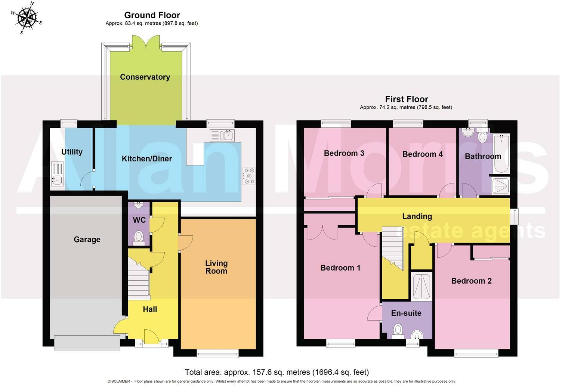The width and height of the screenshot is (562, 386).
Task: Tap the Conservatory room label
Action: point(145,77)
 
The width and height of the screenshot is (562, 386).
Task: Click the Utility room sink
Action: point(57,174)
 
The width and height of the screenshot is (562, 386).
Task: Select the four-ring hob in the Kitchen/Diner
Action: point(249,176)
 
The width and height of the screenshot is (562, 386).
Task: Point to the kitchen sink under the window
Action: point(222,135)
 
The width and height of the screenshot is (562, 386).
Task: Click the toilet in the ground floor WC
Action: point(139,238)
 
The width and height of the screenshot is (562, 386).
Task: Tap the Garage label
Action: point(87,240)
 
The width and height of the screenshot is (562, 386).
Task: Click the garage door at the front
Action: point(87,342)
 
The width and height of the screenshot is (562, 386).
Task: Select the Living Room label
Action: point(216,267)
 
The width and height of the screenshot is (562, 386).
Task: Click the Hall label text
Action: point(150,309)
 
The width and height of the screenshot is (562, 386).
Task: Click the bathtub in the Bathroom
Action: point(501,153)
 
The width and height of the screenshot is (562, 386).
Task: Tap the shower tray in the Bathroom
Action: point(500,186)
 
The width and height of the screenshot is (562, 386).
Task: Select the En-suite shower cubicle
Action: point(421,287)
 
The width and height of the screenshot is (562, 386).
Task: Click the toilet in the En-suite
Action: point(398,331)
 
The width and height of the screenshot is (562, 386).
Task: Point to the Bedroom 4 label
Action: point(423,154)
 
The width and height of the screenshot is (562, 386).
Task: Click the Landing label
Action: point(417,216)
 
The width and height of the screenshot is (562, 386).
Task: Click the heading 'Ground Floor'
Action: point(152,15)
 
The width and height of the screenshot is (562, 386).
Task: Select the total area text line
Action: point(277,372)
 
